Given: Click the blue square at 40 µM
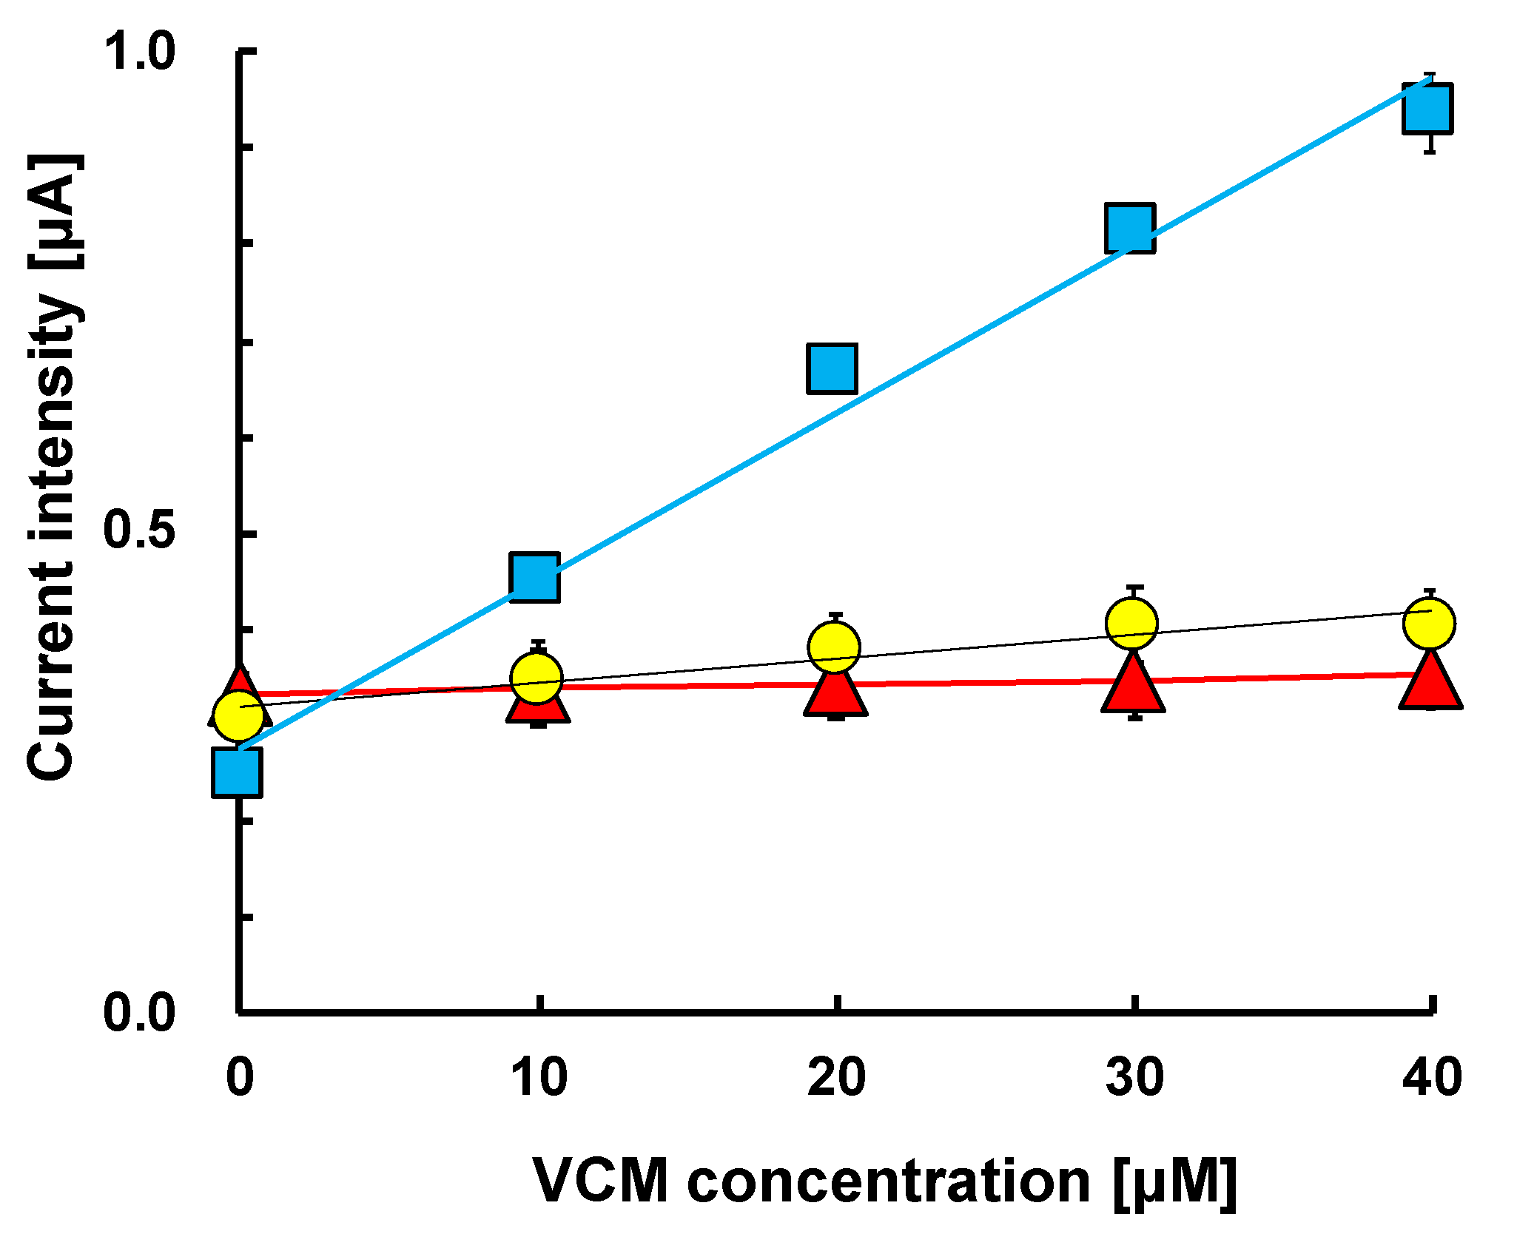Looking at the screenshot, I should [1427, 109].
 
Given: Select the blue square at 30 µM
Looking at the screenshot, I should [1130, 228].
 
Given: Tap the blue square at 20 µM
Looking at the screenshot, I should [832, 368].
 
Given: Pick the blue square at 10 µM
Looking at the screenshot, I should [534, 577].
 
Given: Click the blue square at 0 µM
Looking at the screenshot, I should [237, 772].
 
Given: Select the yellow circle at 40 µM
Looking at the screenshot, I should [1430, 623].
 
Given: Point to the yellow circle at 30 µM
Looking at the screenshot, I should [1131, 624].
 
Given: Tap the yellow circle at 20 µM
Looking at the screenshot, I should [834, 647].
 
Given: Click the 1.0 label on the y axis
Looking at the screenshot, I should [139, 51].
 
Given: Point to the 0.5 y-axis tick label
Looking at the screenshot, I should [139, 530].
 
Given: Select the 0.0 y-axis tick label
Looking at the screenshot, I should [139, 1013].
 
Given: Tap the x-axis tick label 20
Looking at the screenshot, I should [836, 1077].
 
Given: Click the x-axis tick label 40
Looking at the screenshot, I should [1432, 1077].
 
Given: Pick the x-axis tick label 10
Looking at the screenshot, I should [539, 1077].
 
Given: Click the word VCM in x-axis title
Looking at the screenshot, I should [601, 1181].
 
